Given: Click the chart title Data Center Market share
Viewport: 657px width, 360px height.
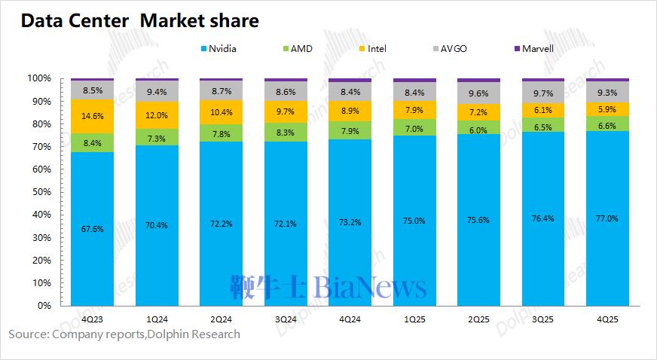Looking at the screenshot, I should click(x=139, y=21).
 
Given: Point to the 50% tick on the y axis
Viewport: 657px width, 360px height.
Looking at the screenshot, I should click(x=40, y=192).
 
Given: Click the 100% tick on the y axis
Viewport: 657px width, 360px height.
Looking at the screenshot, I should click(x=38, y=78).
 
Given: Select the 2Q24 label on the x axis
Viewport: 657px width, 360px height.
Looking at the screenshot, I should click(x=221, y=319).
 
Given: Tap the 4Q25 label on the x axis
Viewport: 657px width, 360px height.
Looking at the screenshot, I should click(x=607, y=319).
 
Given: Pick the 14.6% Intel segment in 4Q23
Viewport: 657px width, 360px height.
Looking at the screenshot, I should click(x=92, y=117).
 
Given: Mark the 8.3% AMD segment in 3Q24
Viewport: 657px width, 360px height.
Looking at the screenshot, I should click(x=286, y=133).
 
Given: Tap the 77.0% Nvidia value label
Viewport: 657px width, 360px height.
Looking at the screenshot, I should click(x=607, y=218).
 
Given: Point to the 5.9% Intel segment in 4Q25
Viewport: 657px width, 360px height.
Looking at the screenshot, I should click(x=607, y=109).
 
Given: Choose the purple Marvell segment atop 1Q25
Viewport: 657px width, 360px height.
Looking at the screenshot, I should click(x=414, y=80).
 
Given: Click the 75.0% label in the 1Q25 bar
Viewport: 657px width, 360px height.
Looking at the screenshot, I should click(x=414, y=221).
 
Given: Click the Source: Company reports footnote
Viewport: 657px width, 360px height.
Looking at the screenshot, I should click(x=124, y=334).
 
